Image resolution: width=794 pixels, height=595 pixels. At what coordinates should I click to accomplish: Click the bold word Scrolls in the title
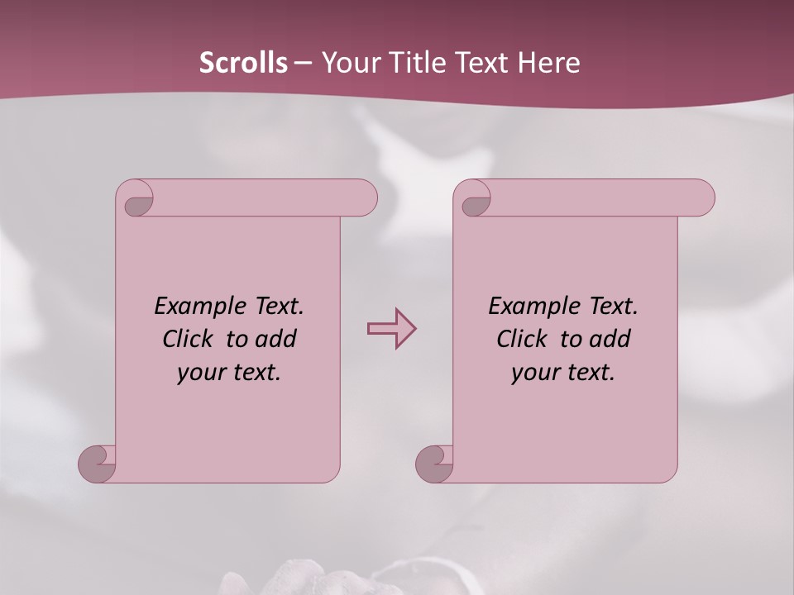(244, 62)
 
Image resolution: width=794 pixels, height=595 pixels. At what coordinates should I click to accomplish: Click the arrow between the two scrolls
(391, 329)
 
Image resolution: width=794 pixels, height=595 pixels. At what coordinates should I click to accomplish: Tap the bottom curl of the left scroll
(98, 463)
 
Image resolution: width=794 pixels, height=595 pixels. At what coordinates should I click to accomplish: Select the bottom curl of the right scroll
(434, 463)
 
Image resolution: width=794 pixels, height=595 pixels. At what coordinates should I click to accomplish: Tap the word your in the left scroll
(199, 373)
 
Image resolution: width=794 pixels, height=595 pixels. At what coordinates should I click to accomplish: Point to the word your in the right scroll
(534, 373)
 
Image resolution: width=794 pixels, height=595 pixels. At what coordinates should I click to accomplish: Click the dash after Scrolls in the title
(303, 62)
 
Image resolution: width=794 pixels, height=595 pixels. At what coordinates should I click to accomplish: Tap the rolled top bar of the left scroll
(265, 198)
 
